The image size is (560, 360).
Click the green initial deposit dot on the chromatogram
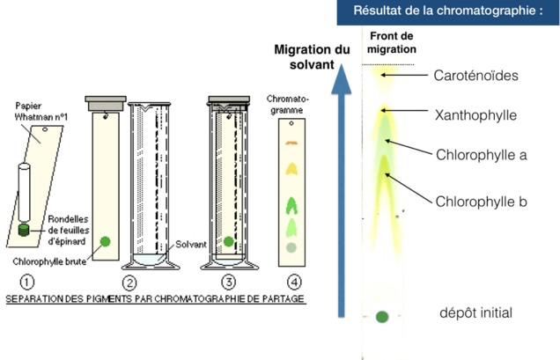[382, 317]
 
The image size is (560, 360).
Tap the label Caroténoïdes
[475, 76]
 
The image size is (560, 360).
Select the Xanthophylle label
[475, 115]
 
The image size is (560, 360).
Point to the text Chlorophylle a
[482, 155]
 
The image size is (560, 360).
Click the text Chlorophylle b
[482, 202]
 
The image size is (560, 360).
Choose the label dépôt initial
[475, 312]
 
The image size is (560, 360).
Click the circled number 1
[27, 283]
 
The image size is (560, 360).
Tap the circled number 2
[129, 283]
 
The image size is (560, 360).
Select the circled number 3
[229, 283]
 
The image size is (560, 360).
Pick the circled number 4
[294, 283]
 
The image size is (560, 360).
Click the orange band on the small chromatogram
[291, 143]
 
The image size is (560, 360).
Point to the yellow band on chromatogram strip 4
[291, 169]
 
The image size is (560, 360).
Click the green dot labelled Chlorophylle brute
[105, 241]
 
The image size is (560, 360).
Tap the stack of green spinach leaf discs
[24, 230]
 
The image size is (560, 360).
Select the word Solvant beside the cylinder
[191, 245]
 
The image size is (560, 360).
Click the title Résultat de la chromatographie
[448, 11]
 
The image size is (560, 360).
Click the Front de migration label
[392, 42]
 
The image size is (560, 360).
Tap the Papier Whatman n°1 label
[41, 111]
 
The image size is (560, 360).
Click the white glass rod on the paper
[24, 192]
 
